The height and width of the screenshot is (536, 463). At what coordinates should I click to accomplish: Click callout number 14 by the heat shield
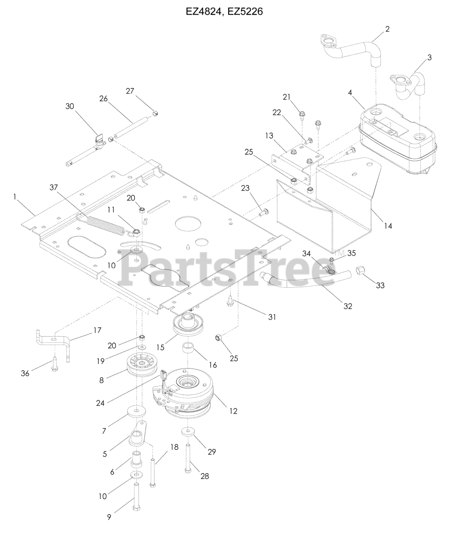388,226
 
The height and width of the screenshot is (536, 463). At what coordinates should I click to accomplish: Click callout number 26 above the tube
103,99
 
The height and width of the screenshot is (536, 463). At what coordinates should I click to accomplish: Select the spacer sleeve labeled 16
188,350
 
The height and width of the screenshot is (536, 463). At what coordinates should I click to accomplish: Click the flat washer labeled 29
187,432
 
